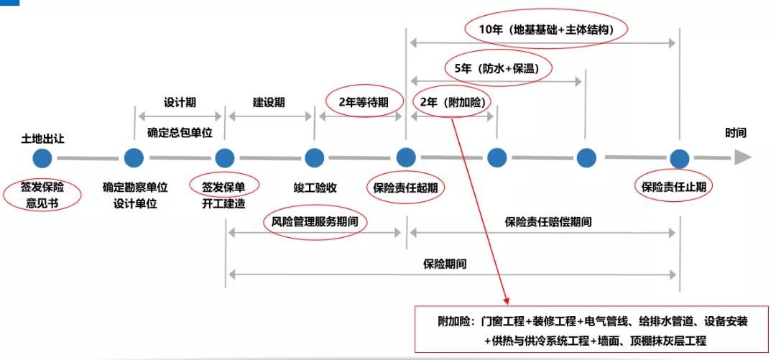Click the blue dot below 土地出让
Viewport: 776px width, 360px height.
coord(42,157)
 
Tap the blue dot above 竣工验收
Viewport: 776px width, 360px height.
coord(314,157)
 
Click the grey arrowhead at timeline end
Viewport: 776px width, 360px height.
coord(742,157)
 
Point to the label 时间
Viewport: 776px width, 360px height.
coord(735,133)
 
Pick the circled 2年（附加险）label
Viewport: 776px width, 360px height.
coord(451,102)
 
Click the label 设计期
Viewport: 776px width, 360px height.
coord(180,102)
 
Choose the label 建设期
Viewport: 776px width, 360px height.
coord(269,102)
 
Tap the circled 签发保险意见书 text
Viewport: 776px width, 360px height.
coord(42,194)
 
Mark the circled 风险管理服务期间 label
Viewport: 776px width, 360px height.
coord(315,221)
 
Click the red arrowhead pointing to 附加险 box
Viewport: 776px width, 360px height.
coord(507,297)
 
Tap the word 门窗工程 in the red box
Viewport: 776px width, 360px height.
coord(504,322)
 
